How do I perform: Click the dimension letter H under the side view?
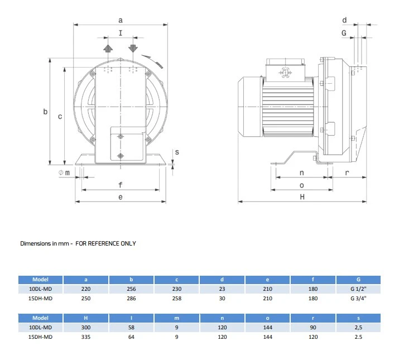coord(302,197)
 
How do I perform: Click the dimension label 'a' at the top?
coord(121,20)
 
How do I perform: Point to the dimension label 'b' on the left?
coord(46,112)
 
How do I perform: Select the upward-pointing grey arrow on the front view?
coord(108,48)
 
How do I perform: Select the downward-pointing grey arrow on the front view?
coord(133,48)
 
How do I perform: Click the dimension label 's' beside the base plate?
coord(177,152)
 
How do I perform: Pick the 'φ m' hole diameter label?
coord(64,172)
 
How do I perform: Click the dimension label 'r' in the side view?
coord(347,172)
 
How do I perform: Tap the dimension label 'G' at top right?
coord(344,33)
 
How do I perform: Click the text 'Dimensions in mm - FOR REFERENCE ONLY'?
coord(78,243)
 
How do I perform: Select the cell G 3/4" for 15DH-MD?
coord(358,298)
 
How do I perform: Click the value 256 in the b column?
coord(131,289)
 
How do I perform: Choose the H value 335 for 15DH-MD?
coord(86,337)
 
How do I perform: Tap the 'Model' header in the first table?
coord(41,279)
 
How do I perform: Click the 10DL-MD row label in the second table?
coord(41,328)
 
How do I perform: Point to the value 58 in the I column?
coord(131,328)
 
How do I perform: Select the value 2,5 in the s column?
coord(358,328)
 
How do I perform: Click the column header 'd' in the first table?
coord(222,279)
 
